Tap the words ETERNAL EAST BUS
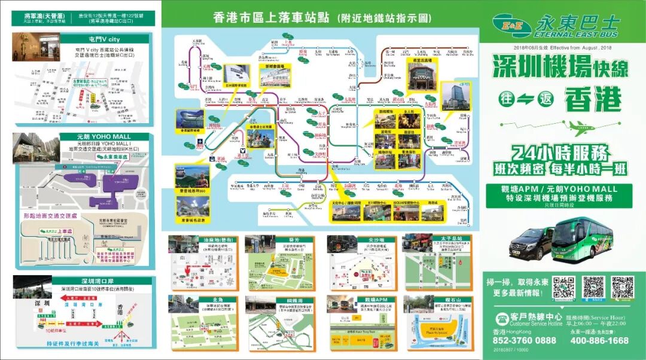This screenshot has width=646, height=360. (x=577, y=36)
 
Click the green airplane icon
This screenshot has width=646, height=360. (x=582, y=126)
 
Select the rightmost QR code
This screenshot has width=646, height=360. (x=621, y=288)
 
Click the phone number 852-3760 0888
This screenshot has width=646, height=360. (x=524, y=340)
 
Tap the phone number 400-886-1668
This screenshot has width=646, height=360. (x=599, y=340)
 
